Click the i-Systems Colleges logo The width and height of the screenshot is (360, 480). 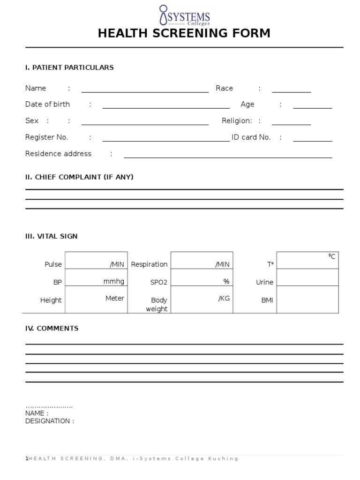click(184, 15)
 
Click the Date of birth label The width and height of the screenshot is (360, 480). click(47, 105)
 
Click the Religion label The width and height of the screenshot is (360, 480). click(237, 121)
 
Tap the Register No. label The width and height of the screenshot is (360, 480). click(46, 137)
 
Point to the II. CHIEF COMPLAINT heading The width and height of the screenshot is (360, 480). click(79, 177)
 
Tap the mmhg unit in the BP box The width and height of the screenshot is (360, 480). click(114, 281)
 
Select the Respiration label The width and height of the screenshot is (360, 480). click(149, 264)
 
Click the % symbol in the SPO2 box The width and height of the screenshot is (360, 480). click(226, 281)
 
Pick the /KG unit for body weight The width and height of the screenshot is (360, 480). click(224, 299)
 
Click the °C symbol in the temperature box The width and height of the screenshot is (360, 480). click(331, 256)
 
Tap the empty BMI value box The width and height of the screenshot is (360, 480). click(307, 300)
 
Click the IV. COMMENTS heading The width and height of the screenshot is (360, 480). click(52, 329)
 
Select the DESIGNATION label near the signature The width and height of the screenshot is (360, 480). click(49, 421)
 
